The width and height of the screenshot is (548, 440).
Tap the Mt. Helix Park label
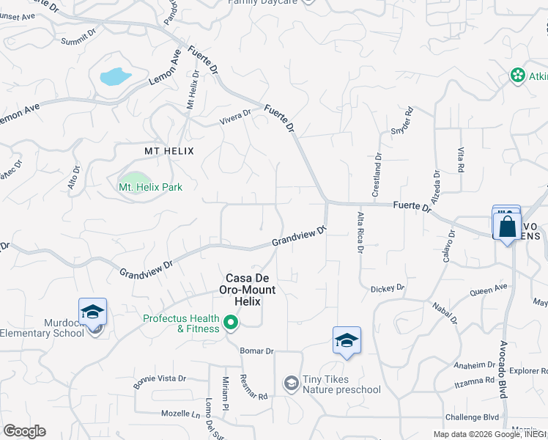(150, 187)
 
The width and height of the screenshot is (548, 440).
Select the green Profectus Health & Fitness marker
(231, 323)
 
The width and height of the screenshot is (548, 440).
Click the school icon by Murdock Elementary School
(93, 313)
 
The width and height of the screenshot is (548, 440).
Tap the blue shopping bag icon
(507, 226)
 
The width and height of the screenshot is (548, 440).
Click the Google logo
(24, 430)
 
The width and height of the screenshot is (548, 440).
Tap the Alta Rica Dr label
(360, 232)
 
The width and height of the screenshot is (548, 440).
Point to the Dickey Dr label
(387, 288)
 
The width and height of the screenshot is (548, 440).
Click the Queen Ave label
(488, 290)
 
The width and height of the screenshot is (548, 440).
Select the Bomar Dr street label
(256, 351)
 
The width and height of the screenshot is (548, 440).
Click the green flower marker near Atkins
(518, 76)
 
